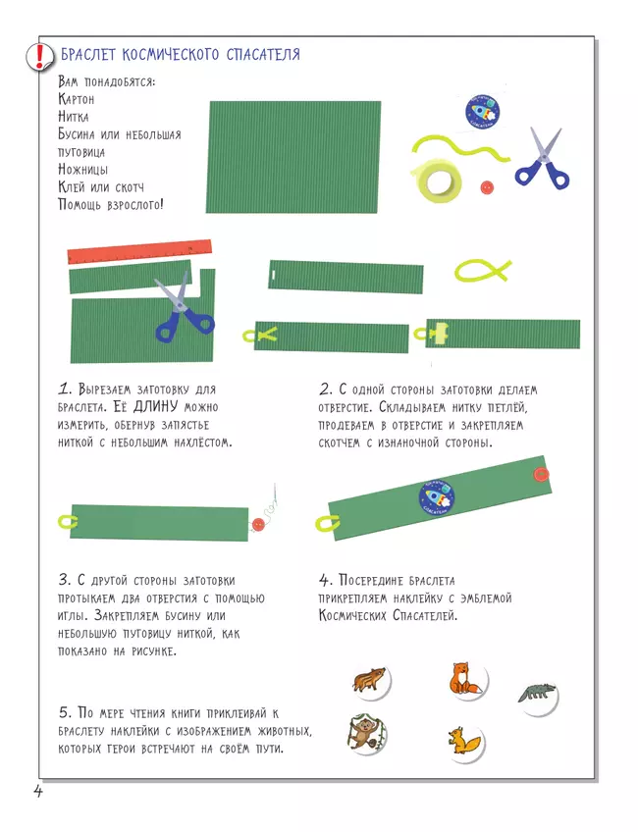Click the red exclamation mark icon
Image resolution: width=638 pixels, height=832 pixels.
[40, 56]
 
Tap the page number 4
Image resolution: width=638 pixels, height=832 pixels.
[37, 792]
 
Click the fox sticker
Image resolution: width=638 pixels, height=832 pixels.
[467, 679]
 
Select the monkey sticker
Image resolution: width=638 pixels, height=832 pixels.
[367, 732]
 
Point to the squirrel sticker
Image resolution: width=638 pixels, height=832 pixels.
[464, 742]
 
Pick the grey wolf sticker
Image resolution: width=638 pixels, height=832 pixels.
[538, 695]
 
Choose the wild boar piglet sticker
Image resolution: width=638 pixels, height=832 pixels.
[371, 681]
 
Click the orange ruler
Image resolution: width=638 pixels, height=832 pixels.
[139, 251]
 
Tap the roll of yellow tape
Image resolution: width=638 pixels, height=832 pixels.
[436, 181]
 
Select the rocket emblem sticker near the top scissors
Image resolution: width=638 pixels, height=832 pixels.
[483, 110]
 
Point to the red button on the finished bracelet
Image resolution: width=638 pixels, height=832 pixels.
[540, 474]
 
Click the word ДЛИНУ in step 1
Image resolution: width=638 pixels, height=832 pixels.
[155, 407]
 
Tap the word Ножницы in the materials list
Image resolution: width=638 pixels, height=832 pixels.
[82, 170]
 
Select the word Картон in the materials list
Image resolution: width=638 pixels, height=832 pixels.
[76, 99]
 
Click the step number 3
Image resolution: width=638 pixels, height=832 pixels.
[65, 580]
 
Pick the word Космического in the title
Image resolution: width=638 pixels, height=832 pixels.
[171, 55]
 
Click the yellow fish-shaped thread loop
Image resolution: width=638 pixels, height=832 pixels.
[483, 271]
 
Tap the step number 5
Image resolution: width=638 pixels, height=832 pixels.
[65, 712]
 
